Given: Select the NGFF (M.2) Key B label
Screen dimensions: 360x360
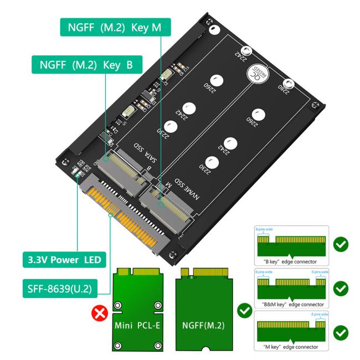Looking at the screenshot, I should [x=86, y=64].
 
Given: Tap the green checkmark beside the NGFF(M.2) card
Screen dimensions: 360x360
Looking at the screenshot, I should [x=244, y=311].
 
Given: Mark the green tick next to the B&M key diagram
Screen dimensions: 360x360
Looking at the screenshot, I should [x=342, y=288].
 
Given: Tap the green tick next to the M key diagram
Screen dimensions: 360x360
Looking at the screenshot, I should [x=342, y=332].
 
